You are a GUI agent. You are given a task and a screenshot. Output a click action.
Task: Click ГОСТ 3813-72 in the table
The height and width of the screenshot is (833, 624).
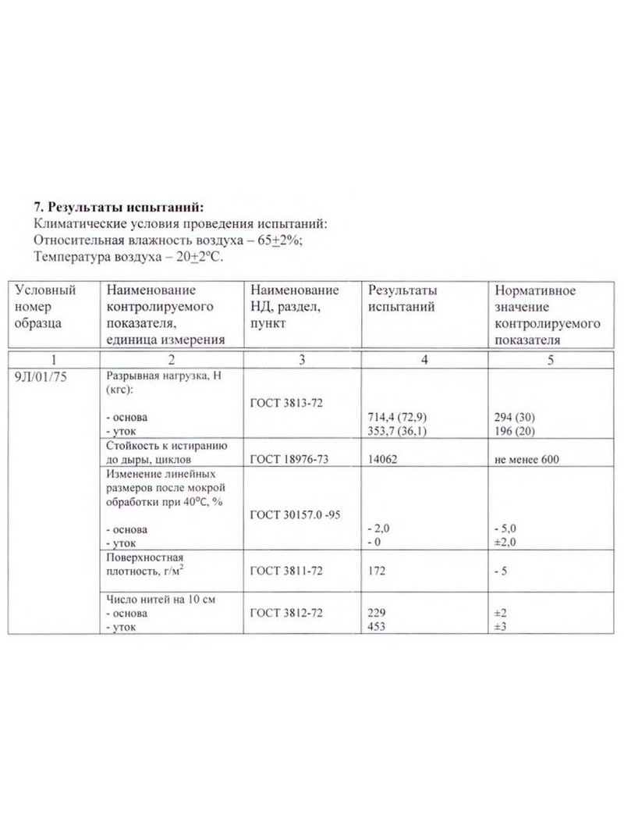tap(286, 403)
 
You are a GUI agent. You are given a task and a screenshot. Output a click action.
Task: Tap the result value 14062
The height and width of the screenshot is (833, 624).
tap(382, 459)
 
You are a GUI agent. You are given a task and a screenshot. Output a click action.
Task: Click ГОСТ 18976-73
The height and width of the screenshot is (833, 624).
tap(289, 459)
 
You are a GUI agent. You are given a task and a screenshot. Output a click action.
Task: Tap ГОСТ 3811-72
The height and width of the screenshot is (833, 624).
tap(286, 571)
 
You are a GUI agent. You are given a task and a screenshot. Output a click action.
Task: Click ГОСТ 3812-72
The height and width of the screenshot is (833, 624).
tap(286, 613)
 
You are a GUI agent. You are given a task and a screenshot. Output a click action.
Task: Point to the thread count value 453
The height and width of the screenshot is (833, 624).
tap(377, 627)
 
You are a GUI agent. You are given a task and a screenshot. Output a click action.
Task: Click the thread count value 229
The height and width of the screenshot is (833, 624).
tap(377, 613)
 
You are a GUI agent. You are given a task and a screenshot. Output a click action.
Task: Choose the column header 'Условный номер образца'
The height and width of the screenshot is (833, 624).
tap(46, 305)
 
